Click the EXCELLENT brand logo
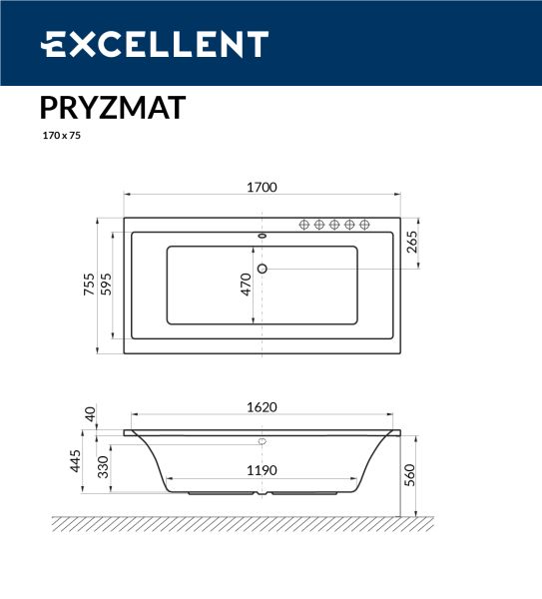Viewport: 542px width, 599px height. tap(155, 44)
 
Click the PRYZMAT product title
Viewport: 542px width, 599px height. tap(113, 108)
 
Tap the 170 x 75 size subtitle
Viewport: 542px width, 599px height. tap(62, 135)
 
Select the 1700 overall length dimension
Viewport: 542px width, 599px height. tap(262, 188)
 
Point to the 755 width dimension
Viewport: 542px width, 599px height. tap(89, 284)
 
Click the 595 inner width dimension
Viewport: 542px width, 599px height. tap(106, 284)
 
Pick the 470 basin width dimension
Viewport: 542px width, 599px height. tap(247, 285)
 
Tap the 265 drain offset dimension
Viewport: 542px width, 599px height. tap(412, 242)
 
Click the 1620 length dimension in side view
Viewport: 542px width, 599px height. tap(262, 407)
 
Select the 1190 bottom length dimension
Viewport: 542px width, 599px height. tap(262, 470)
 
